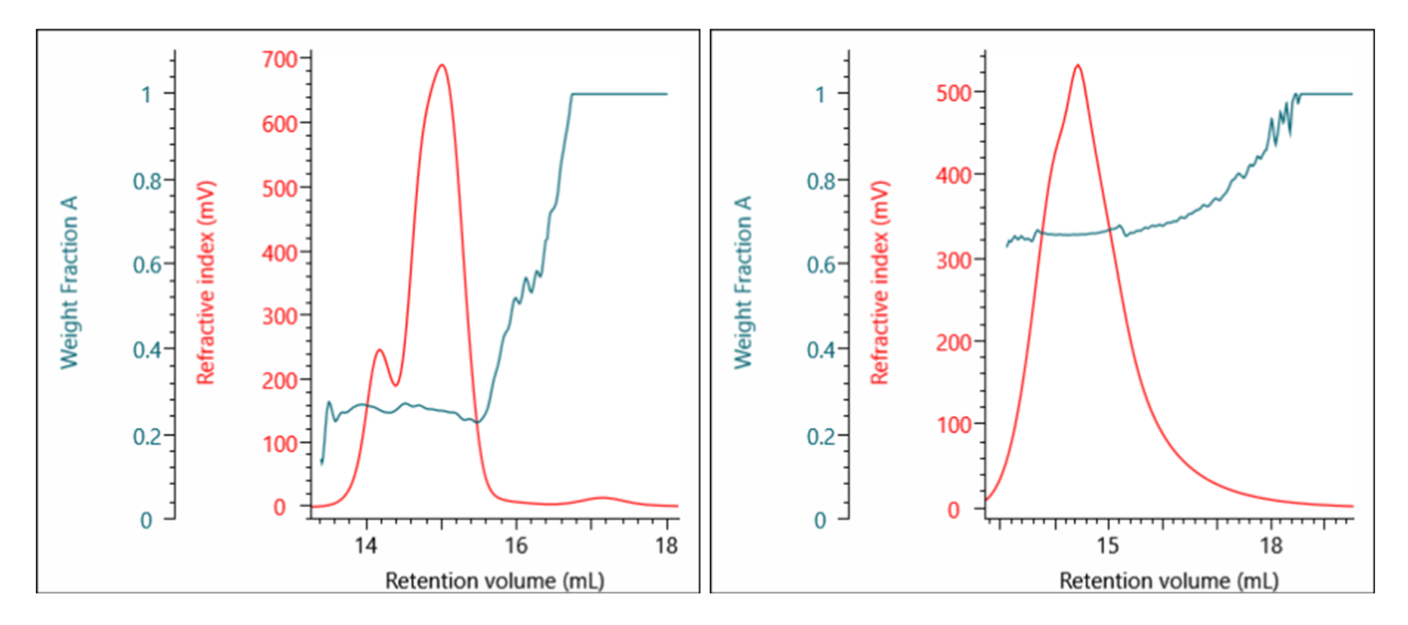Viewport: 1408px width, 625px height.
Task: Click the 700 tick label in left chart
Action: (x=279, y=59)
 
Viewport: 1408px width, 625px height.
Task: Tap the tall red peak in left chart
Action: (x=442, y=66)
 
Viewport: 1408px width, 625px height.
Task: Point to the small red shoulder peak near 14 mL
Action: (x=379, y=351)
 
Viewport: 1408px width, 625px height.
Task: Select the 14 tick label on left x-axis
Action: (x=366, y=546)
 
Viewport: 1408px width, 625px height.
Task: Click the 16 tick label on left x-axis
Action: (x=515, y=546)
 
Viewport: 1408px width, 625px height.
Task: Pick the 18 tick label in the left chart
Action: (x=666, y=546)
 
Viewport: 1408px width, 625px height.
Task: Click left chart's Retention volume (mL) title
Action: (x=494, y=580)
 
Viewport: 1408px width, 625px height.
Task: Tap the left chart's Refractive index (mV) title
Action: (x=205, y=282)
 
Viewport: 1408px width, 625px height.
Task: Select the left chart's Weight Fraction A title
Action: (x=69, y=282)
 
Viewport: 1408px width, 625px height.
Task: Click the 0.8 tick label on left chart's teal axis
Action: (x=147, y=181)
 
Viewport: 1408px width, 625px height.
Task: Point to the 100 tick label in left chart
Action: (x=279, y=443)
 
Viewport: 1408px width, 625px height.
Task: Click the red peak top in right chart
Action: (x=1078, y=66)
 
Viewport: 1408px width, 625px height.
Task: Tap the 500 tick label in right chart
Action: (x=953, y=93)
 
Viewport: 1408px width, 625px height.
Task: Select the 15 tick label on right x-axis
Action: (x=1107, y=546)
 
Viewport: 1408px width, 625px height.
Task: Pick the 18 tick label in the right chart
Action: (x=1271, y=546)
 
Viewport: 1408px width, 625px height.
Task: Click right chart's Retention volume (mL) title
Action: (x=1169, y=580)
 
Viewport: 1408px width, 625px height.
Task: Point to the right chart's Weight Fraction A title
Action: (x=743, y=282)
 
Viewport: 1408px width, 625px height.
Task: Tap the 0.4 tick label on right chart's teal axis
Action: (x=821, y=351)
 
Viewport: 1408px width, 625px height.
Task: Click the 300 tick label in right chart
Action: (x=953, y=260)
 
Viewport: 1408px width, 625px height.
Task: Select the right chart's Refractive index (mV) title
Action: (x=880, y=282)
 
